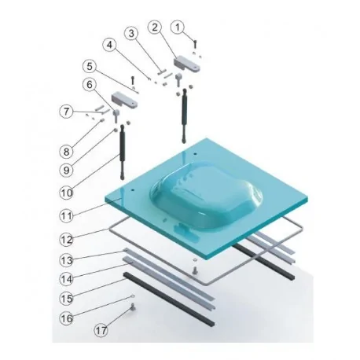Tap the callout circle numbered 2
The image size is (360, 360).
coord(155,28)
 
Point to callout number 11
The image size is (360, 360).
coord(69,214)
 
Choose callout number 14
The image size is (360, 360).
coord(69,277)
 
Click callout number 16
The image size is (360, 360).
coord(69,319)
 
